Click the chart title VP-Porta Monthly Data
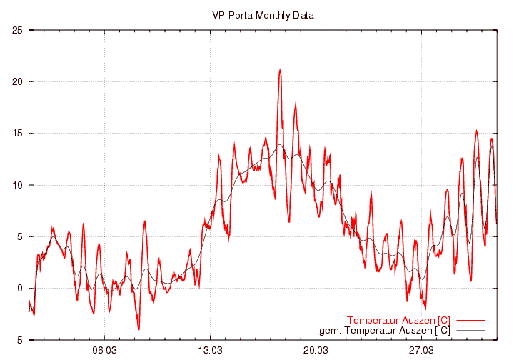point(263,15)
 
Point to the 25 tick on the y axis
point(18,30)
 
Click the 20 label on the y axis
point(18,81)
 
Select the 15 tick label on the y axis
point(18,134)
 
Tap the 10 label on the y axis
point(18,185)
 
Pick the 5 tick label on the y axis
point(21,236)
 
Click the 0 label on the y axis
point(21,289)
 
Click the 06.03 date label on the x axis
point(105,350)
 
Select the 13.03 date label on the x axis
point(210,350)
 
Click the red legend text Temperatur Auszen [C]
point(398,319)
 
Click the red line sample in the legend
point(470,319)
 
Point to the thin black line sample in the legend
point(470,330)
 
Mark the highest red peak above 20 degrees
point(280,69)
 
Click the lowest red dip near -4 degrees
point(138,329)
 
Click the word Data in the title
point(303,15)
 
